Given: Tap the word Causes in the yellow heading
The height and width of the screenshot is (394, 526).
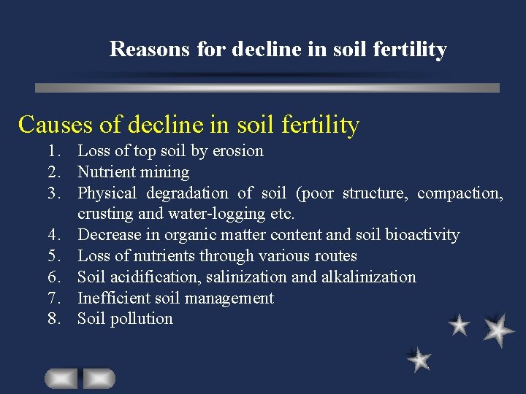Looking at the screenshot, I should tap(56, 125).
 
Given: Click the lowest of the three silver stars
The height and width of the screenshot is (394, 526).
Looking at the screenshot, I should tap(419, 360).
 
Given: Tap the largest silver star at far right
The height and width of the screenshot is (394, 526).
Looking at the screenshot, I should tap(499, 330).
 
